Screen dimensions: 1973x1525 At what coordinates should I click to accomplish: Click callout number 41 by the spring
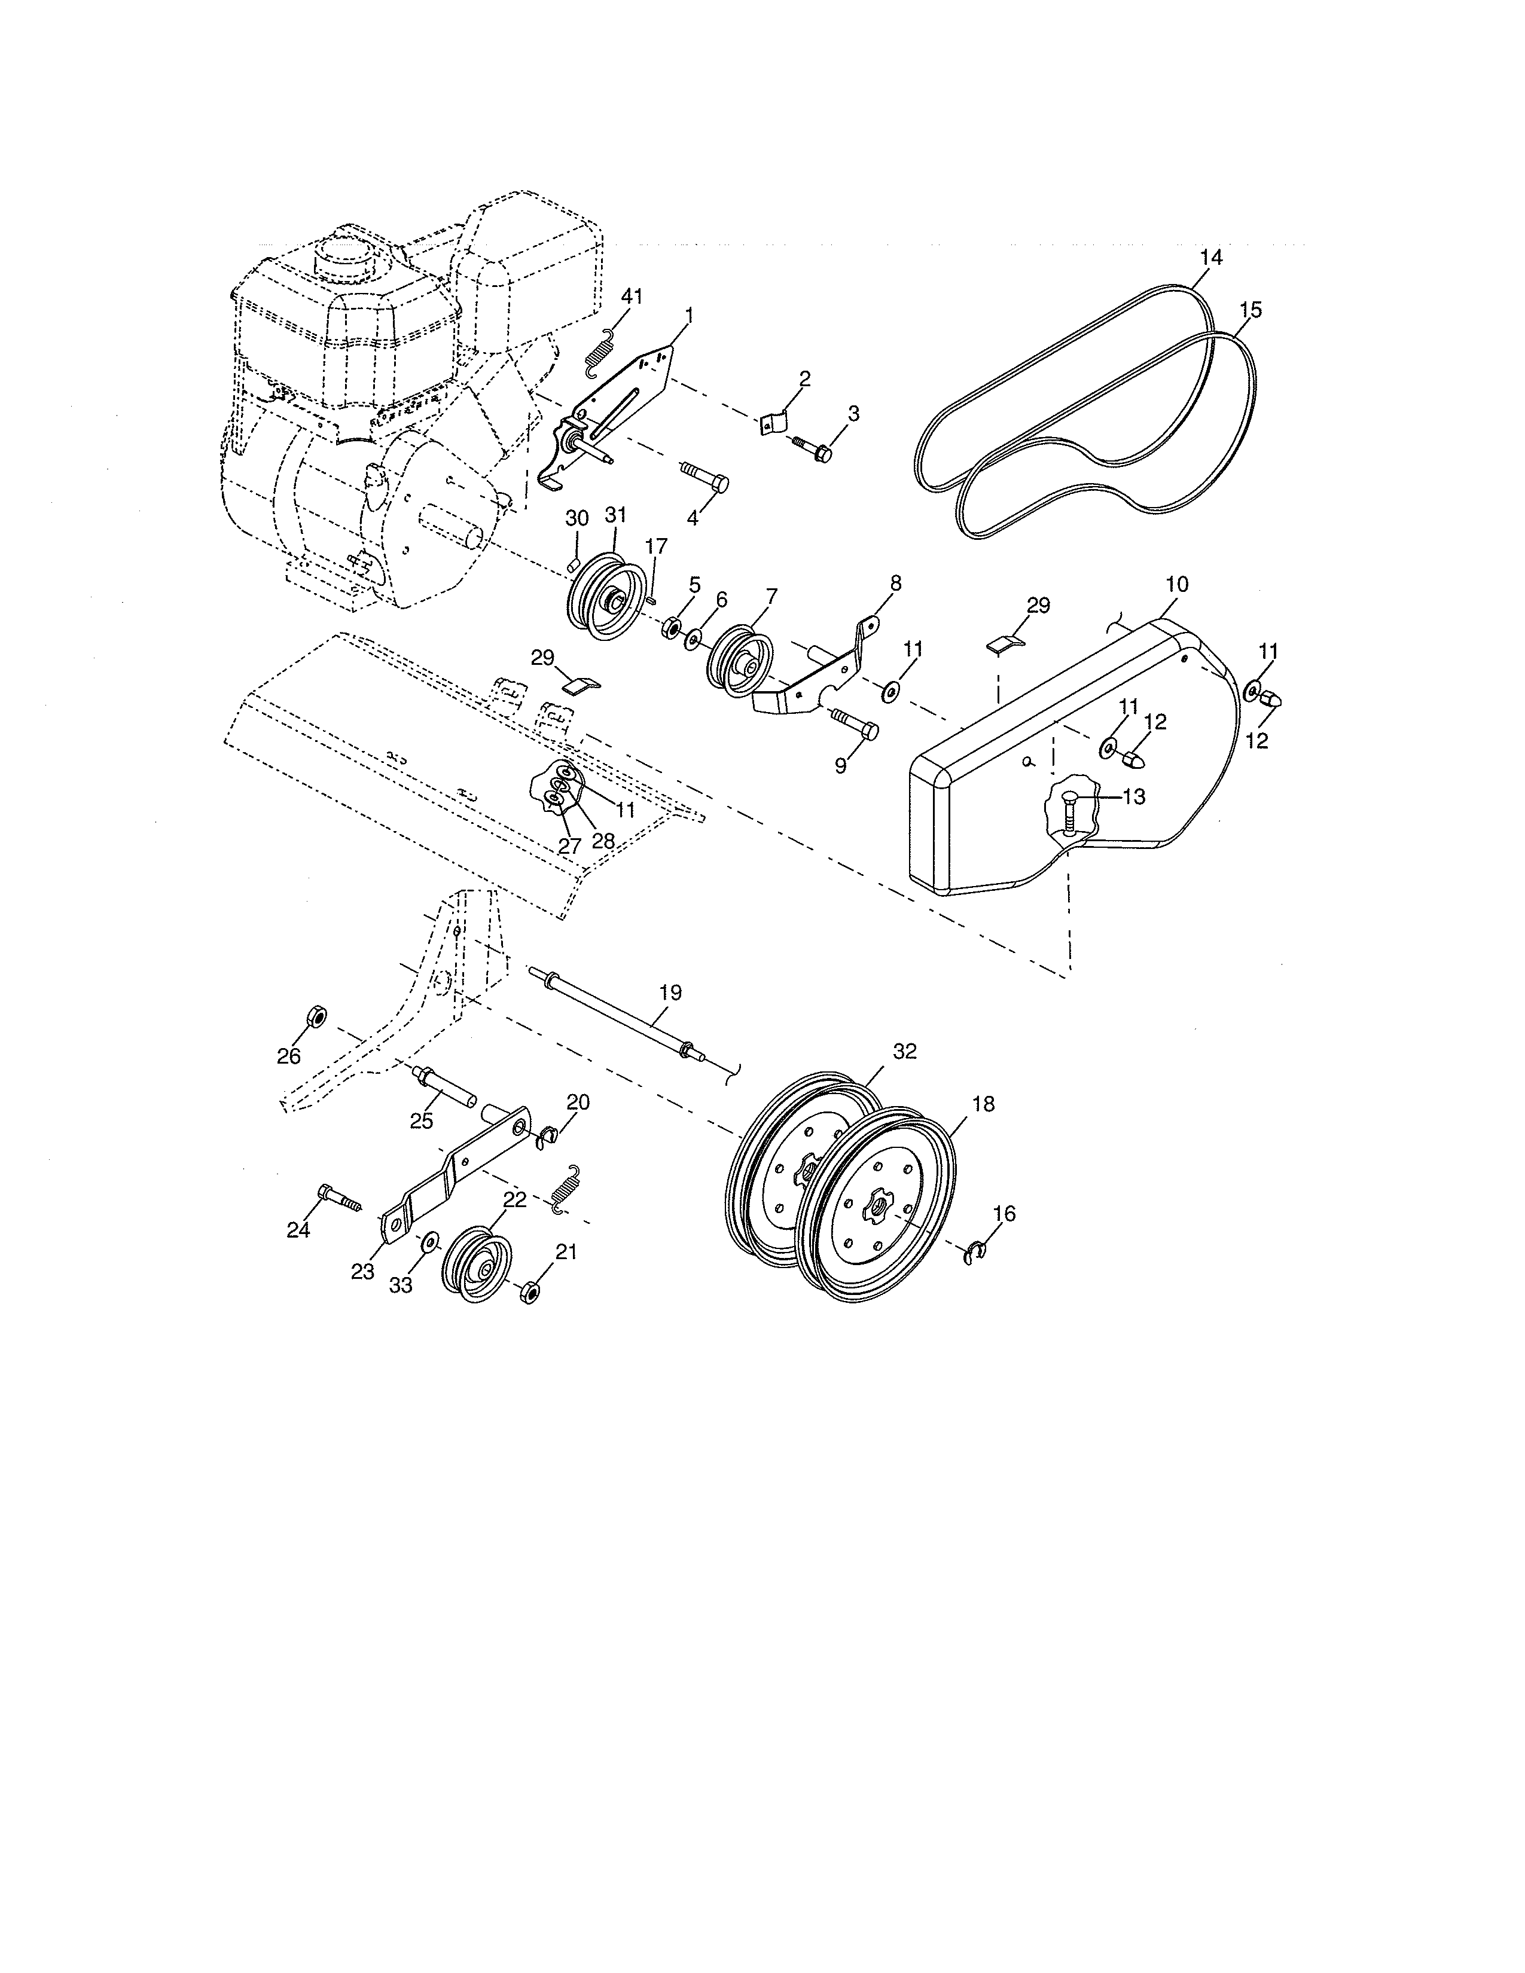click(x=632, y=297)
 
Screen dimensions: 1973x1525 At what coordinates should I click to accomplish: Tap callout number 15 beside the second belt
click(x=1250, y=310)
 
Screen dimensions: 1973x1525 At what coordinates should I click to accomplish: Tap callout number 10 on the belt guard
click(x=1176, y=585)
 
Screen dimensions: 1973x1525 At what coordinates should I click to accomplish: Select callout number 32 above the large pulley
click(x=904, y=1050)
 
